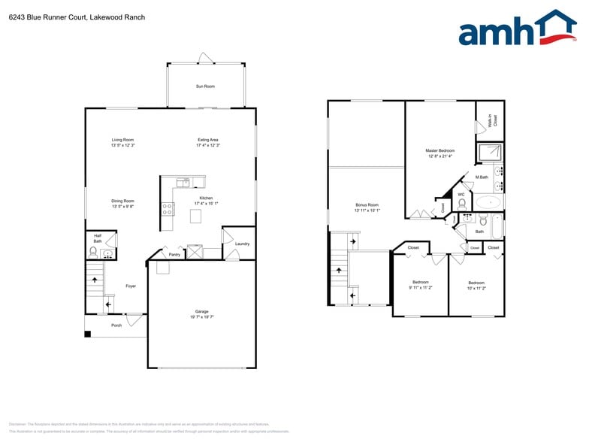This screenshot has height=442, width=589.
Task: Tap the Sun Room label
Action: [205, 86]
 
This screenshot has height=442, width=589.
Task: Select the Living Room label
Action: [122, 140]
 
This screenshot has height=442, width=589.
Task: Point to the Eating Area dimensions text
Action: [207, 145]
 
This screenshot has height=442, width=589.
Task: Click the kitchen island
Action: [197, 216]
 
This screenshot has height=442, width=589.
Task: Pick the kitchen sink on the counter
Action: [183, 182]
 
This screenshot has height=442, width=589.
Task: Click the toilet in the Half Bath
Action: [93, 253]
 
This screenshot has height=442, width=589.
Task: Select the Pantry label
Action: [174, 255]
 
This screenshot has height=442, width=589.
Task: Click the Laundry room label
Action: [242, 244]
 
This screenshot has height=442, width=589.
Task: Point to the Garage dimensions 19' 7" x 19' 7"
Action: [201, 317]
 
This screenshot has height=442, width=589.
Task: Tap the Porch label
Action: [116, 325]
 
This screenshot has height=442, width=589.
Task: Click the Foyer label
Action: [131, 286]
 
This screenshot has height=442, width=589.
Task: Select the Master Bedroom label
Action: [440, 150]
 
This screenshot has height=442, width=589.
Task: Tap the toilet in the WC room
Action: [462, 203]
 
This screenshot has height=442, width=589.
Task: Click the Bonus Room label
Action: [367, 204]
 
